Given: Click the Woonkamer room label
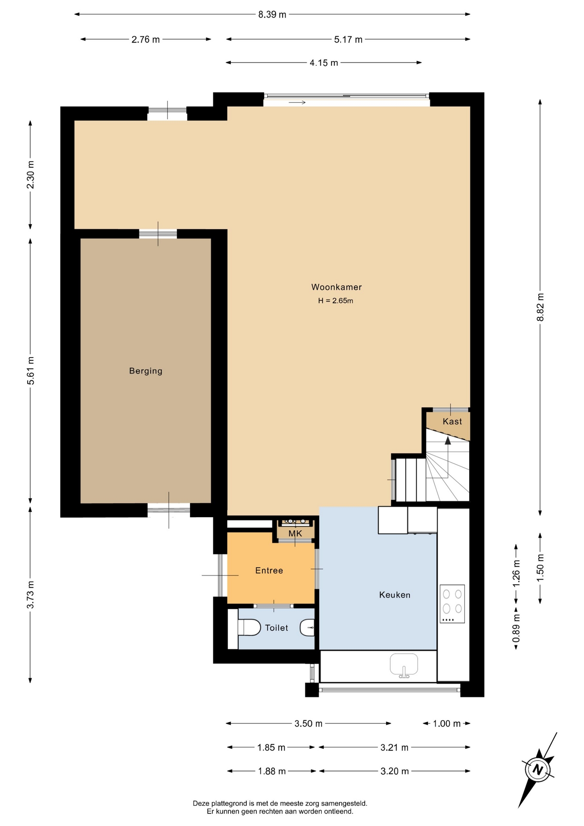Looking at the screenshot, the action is coord(336,287).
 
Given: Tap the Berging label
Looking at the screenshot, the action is coord(146,371).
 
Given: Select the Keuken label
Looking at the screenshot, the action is coord(395,595).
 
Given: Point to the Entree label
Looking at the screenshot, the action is coord(269,570).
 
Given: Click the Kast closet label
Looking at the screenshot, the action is coord(452,422).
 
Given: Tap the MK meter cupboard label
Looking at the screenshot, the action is coord(295,533).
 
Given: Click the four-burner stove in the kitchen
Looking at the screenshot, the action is coord(452,604).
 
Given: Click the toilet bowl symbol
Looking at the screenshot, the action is coord(249,627).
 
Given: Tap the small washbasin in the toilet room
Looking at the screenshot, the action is coord(307,628).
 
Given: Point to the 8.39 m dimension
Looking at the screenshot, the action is coord(272,15).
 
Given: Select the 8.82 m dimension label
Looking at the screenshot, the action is coord(540,307).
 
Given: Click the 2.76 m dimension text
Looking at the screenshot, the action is coord(146,40).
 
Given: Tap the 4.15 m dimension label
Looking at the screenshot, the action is coord(324,63).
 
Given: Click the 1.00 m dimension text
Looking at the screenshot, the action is coord(447,724).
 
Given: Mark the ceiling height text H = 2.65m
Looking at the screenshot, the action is coord(335,301).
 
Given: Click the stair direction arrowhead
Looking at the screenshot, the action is coord(448,441).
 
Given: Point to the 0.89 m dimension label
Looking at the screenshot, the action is coord(516,628).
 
